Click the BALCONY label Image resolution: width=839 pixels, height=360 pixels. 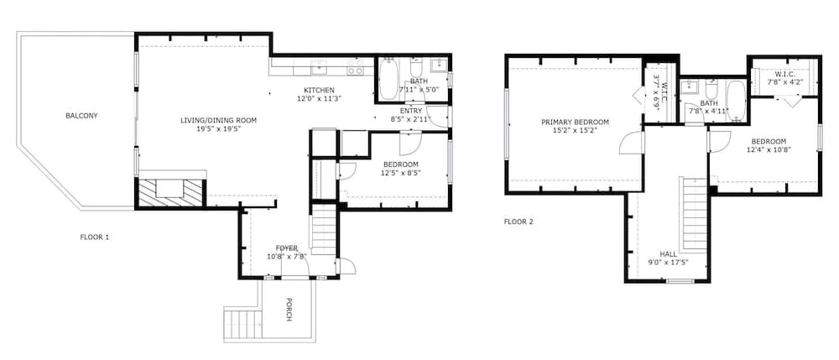pos(81,116)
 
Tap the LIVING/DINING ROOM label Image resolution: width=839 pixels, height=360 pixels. pos(218,120)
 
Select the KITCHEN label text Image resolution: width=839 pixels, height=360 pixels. pos(319,90)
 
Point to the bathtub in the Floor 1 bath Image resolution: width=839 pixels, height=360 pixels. pos(388,79)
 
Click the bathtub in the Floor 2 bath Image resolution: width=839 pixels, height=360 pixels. pos(736,101)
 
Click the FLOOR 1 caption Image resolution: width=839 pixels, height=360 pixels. pos(95,237)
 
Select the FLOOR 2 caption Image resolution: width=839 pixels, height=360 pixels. pos(519,222)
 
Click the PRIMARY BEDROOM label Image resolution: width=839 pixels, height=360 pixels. pos(575,122)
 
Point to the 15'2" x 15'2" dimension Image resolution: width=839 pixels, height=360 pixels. pos(575,130)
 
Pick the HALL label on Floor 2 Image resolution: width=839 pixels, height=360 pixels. pos(668,254)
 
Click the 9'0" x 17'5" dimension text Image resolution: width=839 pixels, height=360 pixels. pos(668,262)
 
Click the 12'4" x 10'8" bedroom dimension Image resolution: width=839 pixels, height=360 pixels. pos(769,149)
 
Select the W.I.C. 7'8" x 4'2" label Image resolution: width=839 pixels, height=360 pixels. pos(785,78)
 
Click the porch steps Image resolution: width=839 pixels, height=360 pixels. pos(243,323)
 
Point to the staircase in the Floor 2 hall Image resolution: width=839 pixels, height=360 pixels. pos(694,213)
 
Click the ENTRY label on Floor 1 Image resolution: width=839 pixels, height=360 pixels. pos(410,111)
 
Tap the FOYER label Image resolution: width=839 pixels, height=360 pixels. pos(286,248)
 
